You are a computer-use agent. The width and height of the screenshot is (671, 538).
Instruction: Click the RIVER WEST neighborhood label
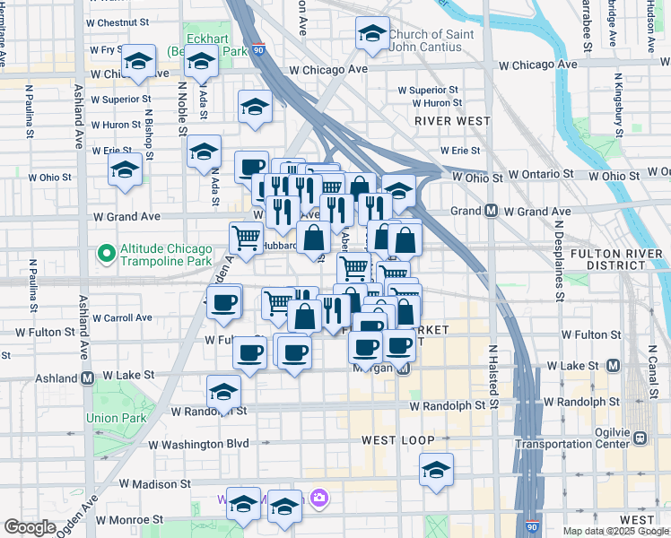click(452, 120)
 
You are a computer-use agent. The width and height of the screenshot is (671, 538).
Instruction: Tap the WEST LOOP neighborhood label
click(398, 441)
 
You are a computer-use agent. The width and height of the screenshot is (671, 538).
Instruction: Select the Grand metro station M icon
click(492, 212)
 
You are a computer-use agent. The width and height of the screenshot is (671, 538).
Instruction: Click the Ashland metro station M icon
click(88, 377)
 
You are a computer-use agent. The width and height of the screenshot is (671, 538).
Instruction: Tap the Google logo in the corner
click(30, 527)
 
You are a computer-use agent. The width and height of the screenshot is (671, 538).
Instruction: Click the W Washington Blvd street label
click(198, 444)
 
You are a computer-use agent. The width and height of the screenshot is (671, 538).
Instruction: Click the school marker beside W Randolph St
click(223, 392)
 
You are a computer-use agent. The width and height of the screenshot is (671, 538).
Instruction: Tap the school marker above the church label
click(372, 33)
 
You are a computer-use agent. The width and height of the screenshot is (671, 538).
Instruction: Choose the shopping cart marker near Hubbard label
click(247, 238)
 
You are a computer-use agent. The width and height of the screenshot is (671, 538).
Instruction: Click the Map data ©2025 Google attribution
click(616, 531)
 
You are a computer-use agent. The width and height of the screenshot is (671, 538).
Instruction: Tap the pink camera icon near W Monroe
click(318, 497)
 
